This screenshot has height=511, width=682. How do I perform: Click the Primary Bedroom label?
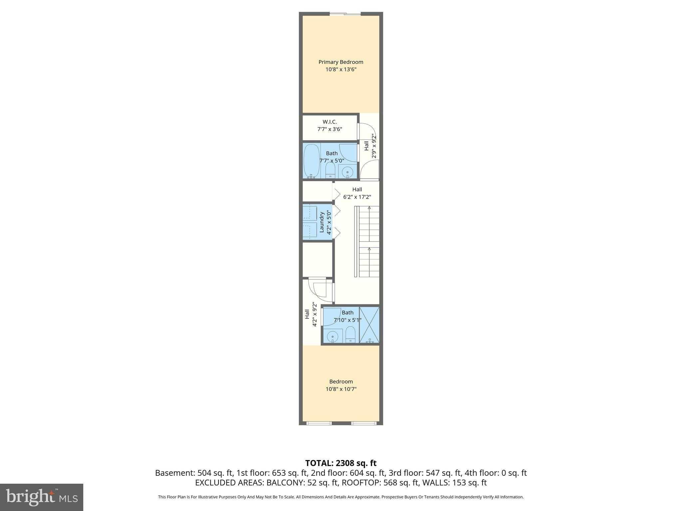[341, 62]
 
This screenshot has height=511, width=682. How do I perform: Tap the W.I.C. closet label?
[330, 122]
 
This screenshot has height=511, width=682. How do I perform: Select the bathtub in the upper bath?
[311, 161]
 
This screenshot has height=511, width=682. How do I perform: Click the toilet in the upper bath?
[330, 170]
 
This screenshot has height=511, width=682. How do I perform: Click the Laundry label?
[322, 222]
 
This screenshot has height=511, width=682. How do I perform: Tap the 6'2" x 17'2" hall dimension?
[357, 197]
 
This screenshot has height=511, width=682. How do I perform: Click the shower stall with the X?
[369, 325]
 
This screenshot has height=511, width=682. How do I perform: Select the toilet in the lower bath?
[350, 334]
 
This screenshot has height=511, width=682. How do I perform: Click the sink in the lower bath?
[332, 337]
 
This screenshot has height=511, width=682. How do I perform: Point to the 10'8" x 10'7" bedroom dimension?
[341, 389]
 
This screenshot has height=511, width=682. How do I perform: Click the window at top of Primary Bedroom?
[345, 14]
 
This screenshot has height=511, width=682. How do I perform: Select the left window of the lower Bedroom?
[319, 423]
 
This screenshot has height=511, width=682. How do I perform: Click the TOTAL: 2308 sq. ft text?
[341, 463]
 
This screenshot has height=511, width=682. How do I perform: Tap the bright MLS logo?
[41, 497]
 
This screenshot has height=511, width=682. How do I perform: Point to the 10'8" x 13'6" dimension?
[341, 70]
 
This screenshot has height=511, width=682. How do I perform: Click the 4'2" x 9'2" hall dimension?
[314, 314]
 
